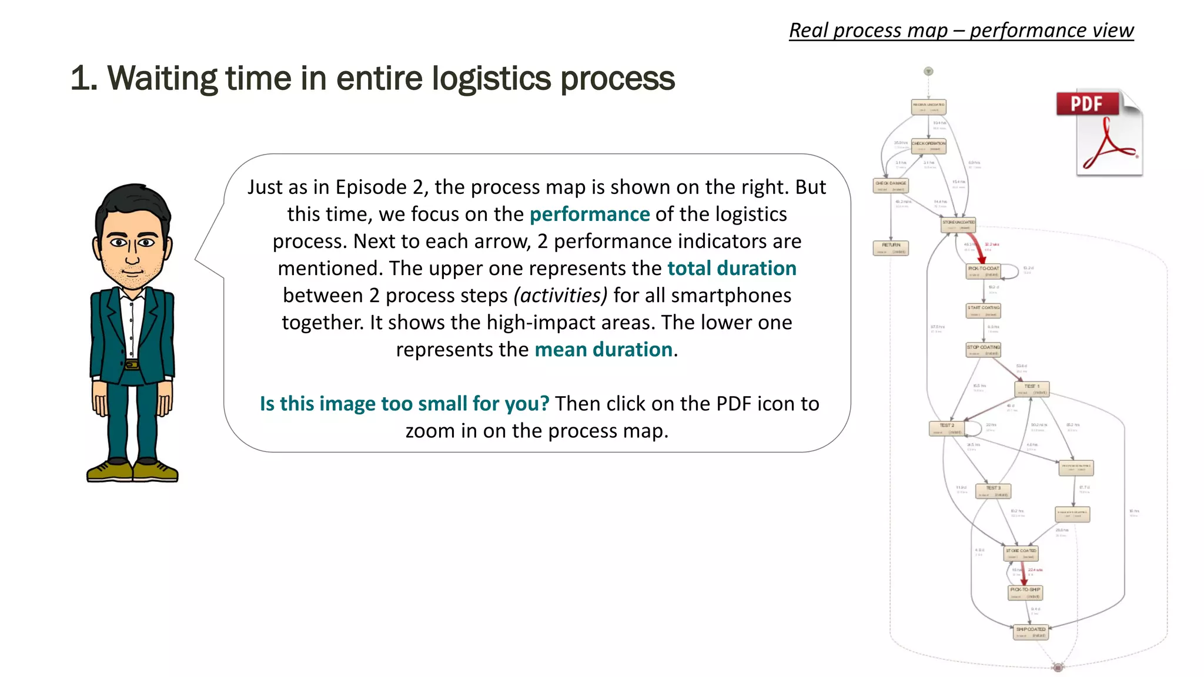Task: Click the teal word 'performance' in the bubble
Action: tap(589, 215)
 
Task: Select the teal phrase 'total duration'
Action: tap(731, 269)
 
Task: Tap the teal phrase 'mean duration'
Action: tap(603, 350)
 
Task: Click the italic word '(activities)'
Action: tap(560, 296)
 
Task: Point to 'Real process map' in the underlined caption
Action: tap(868, 31)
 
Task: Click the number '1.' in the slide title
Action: tap(83, 78)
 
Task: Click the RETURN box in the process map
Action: tap(891, 248)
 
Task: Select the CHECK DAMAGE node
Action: tap(891, 186)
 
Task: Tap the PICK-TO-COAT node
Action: tap(984, 271)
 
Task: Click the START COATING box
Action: tap(984, 310)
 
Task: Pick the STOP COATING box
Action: tap(983, 350)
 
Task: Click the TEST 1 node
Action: tap(1032, 389)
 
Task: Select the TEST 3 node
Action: tap(993, 491)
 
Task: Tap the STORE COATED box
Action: tap(1021, 554)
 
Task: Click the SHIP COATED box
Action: tap(1031, 632)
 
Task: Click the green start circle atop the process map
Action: tap(928, 71)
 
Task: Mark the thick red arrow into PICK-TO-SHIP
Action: tap(1024, 572)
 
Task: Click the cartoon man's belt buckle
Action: tap(132, 364)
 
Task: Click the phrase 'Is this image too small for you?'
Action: tap(404, 404)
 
